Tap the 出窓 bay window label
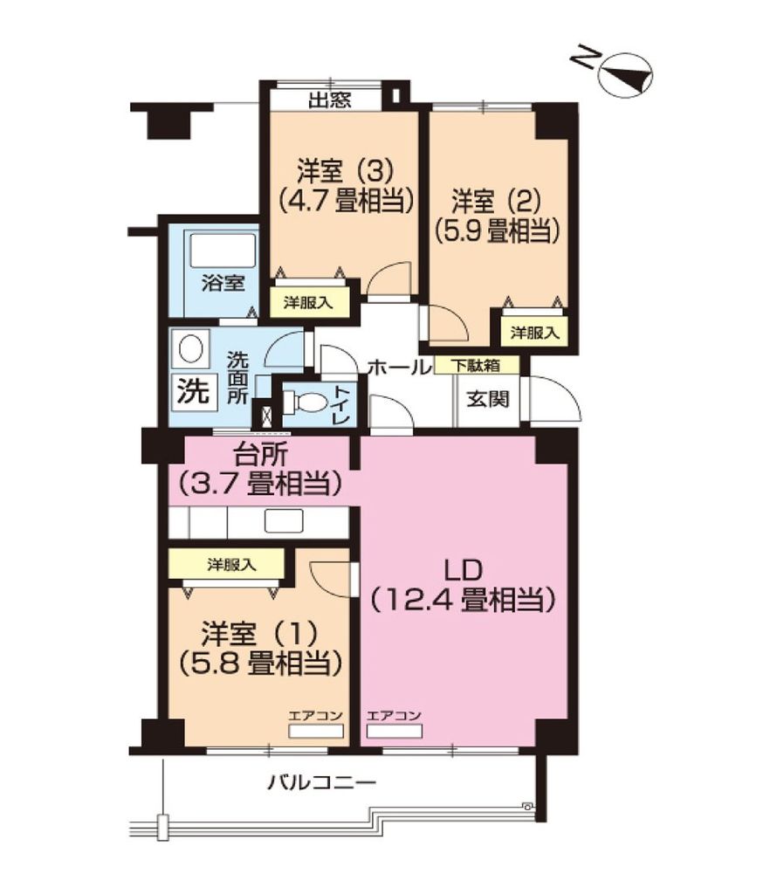click(x=329, y=100)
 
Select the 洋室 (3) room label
click(x=340, y=168)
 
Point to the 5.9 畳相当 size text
click(x=496, y=230)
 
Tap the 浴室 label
click(x=223, y=283)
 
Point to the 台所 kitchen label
click(x=261, y=455)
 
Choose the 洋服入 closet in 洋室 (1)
click(x=231, y=565)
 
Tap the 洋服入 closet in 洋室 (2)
click(x=534, y=332)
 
